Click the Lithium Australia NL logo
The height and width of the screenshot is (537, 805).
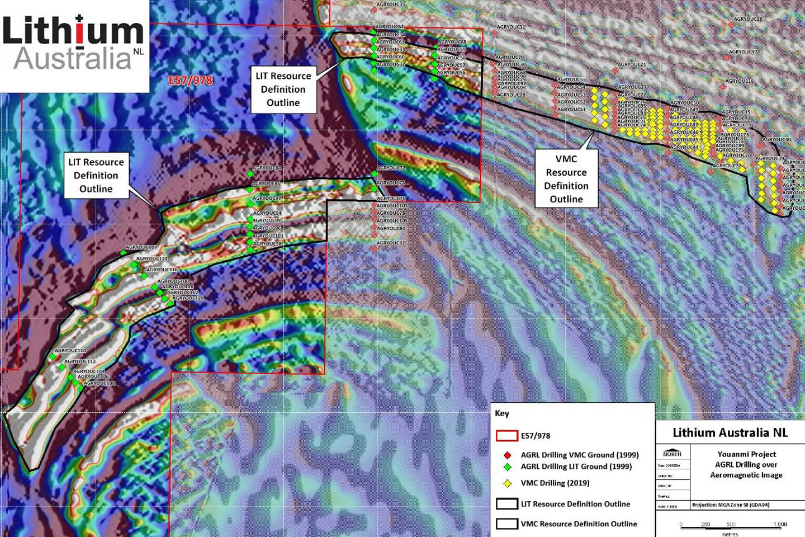click(x=74, y=45)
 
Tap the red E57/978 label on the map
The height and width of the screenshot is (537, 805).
click(x=191, y=81)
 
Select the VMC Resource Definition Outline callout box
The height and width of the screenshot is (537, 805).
click(x=566, y=179)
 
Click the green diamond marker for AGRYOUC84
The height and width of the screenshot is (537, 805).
click(x=250, y=175)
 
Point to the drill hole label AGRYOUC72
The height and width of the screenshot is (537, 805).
click(x=391, y=168)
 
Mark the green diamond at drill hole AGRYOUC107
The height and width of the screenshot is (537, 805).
click(x=124, y=253)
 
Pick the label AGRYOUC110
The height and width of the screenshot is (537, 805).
click(x=70, y=351)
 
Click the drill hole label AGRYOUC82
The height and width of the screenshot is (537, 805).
click(x=391, y=243)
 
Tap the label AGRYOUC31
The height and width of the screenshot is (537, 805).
click(x=511, y=27)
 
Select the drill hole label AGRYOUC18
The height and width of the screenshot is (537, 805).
click(x=747, y=19)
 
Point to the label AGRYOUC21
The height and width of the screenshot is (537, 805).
click(x=632, y=65)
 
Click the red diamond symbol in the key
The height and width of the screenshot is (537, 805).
click(x=507, y=455)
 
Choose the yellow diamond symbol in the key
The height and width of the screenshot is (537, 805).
click(x=507, y=483)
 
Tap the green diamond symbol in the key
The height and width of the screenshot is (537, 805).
click(x=507, y=467)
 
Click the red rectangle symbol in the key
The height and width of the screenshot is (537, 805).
click(x=507, y=436)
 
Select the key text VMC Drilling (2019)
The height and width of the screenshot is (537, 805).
click(x=555, y=483)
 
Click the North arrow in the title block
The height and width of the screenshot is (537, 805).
click(x=672, y=454)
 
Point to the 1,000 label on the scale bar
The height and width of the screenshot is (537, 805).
click(x=780, y=524)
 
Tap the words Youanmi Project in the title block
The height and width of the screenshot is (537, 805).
click(x=747, y=454)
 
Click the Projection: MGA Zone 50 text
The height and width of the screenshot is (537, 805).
click(x=730, y=505)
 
